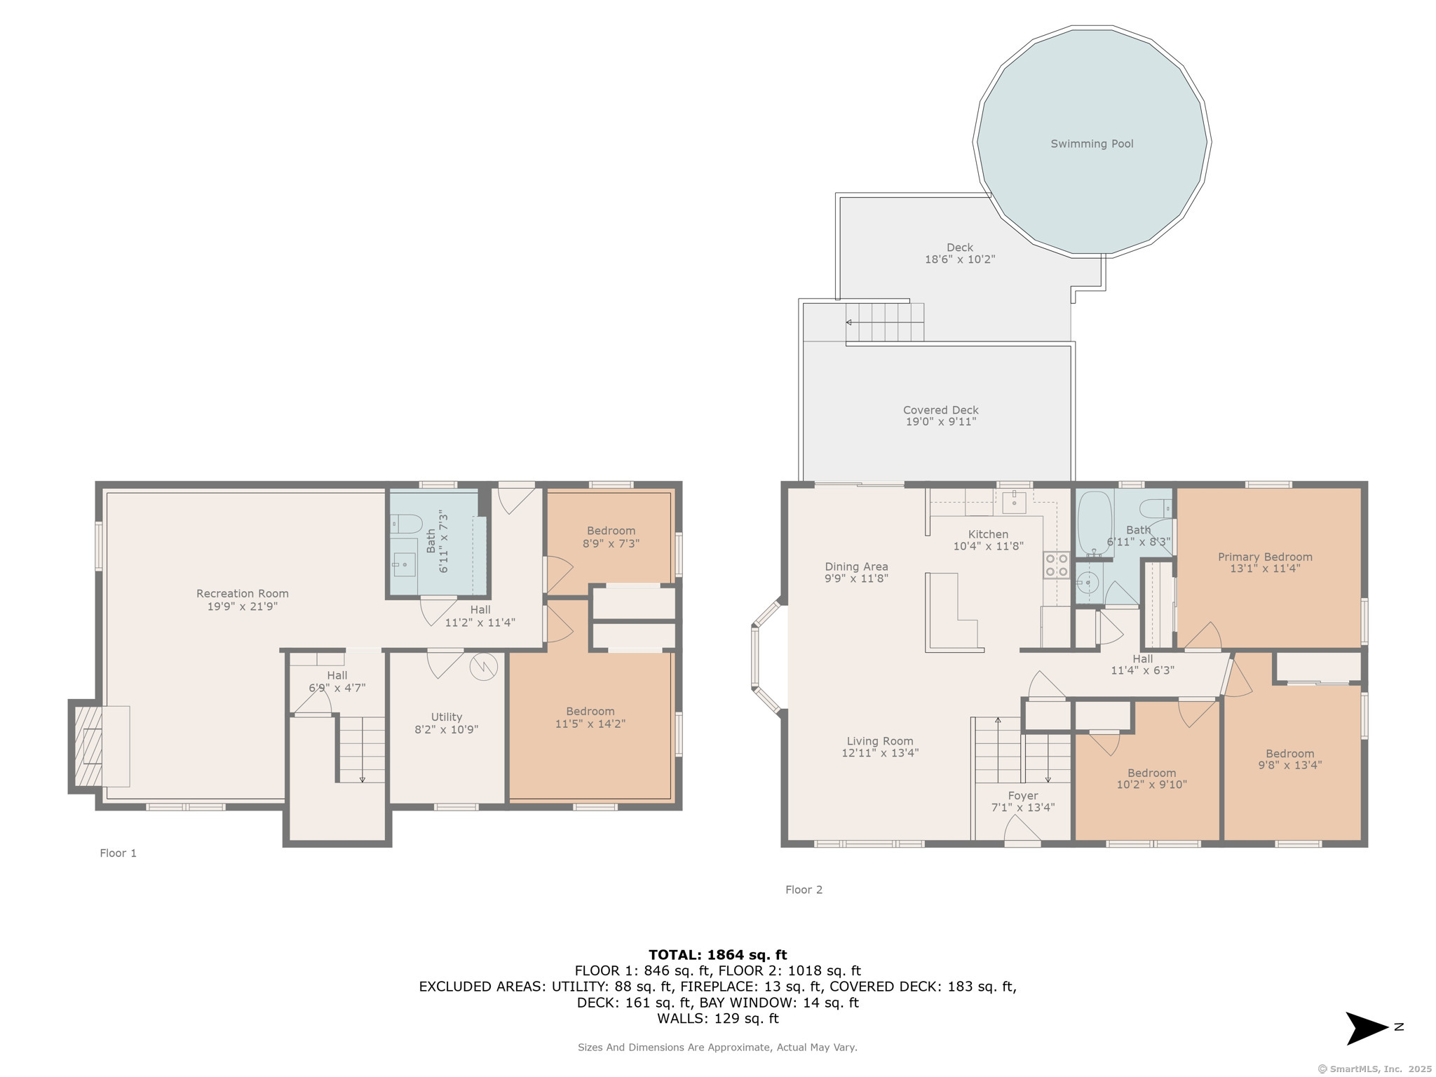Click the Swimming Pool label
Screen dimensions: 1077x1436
click(1092, 144)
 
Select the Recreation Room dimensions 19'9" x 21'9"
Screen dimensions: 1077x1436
click(243, 607)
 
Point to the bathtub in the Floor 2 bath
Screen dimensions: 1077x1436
click(1095, 523)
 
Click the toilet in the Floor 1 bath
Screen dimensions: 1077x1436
click(406, 523)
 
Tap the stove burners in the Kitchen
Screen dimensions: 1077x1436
click(1056, 565)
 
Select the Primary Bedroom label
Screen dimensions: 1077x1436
click(1265, 557)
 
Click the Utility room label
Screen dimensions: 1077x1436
click(447, 717)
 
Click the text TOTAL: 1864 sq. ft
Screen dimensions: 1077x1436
click(717, 954)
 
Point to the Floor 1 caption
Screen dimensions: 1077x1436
click(118, 853)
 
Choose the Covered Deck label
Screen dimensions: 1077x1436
click(940, 409)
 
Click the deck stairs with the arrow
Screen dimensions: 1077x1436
click(885, 323)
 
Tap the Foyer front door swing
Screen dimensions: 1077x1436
click(1022, 832)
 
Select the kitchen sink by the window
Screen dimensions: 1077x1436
click(1014, 501)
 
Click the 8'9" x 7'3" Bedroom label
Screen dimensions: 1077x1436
click(611, 531)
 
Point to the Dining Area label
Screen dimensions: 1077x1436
click(856, 567)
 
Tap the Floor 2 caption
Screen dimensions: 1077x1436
click(804, 889)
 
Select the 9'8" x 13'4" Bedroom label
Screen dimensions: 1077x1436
click(1289, 754)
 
